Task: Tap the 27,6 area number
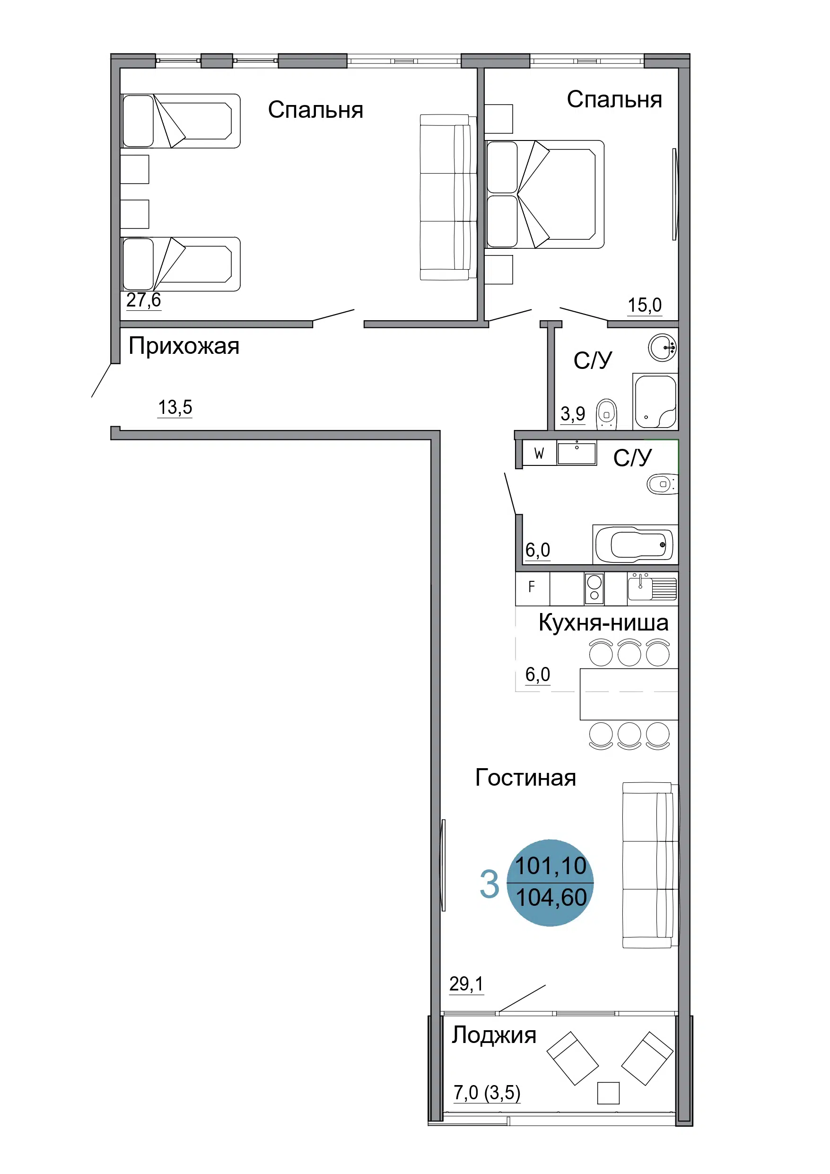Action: (x=144, y=300)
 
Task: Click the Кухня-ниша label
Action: (x=603, y=623)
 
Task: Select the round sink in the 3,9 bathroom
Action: (x=663, y=348)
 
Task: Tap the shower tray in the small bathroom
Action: (x=655, y=402)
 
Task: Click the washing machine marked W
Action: (x=539, y=454)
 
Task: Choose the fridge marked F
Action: (x=533, y=588)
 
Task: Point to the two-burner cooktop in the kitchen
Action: (x=594, y=588)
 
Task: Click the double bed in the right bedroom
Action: (x=545, y=194)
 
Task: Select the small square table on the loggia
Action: (x=608, y=1093)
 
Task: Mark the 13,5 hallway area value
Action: (x=175, y=408)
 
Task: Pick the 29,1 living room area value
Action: (x=466, y=984)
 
